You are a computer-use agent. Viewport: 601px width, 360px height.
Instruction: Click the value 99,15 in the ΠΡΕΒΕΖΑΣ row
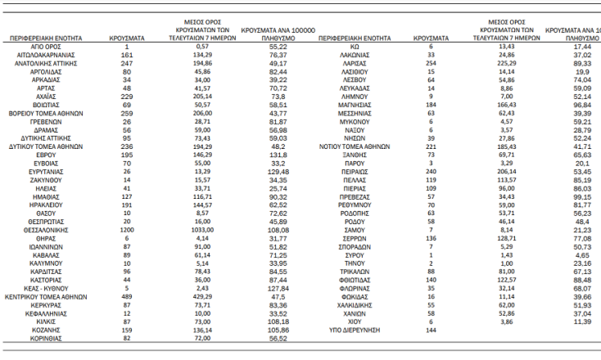582,196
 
